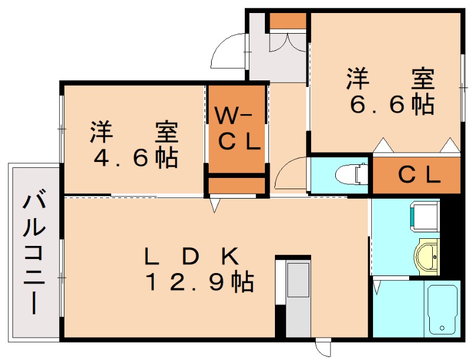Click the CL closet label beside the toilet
pyautogui.click(x=419, y=175)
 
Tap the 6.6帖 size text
pyautogui.click(x=391, y=105)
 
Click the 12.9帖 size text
pyautogui.click(x=200, y=283)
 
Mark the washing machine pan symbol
pyautogui.click(x=424, y=215)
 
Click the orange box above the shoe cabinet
pyautogui.click(x=288, y=21)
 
